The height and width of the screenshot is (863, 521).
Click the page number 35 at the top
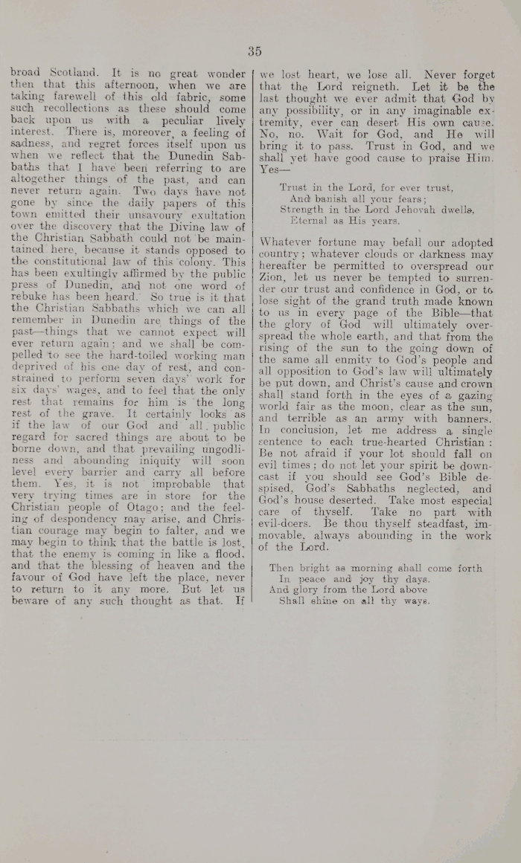255,51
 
